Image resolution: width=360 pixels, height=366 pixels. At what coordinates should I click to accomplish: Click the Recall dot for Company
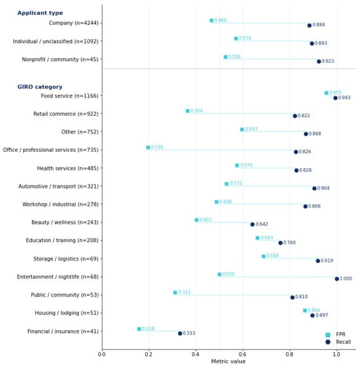pyautogui.click(x=310, y=26)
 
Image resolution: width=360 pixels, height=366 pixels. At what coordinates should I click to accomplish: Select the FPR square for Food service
pyautogui.click(x=327, y=93)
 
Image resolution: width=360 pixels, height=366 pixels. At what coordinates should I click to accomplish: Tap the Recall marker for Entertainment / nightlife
pyautogui.click(x=336, y=279)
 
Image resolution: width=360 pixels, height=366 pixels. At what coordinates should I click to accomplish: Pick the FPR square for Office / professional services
pyautogui.click(x=148, y=147)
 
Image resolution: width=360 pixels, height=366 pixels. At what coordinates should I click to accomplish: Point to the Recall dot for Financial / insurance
pyautogui.click(x=180, y=333)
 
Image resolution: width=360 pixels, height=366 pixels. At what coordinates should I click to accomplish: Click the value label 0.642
pyautogui.click(x=262, y=224)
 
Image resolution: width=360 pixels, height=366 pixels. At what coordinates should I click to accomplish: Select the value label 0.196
pyautogui.click(x=157, y=147)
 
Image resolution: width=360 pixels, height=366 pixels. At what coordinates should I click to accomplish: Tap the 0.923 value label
pyautogui.click(x=328, y=61)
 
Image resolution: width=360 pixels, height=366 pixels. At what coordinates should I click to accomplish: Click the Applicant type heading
pyautogui.click(x=40, y=13)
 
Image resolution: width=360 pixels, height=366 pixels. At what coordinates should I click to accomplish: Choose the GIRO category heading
pyautogui.click(x=40, y=87)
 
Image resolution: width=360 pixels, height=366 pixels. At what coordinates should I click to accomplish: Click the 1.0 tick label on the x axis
pyautogui.click(x=336, y=354)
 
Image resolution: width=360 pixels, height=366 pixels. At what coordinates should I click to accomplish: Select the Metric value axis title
pyautogui.click(x=228, y=361)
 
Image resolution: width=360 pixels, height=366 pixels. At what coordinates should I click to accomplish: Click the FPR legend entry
pyautogui.click(x=335, y=335)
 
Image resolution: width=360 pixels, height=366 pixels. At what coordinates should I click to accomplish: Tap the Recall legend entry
pyautogui.click(x=338, y=342)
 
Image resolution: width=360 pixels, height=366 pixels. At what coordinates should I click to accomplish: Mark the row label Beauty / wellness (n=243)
pyautogui.click(x=65, y=223)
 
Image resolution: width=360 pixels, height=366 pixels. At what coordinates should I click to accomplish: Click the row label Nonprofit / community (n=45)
pyautogui.click(x=60, y=60)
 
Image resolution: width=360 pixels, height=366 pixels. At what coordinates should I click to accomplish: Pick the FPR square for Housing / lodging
pyautogui.click(x=305, y=310)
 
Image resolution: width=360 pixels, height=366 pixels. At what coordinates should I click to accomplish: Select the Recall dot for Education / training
pyautogui.click(x=280, y=243)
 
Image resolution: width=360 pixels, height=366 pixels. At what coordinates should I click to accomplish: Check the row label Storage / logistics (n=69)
pyautogui.click(x=66, y=259)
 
